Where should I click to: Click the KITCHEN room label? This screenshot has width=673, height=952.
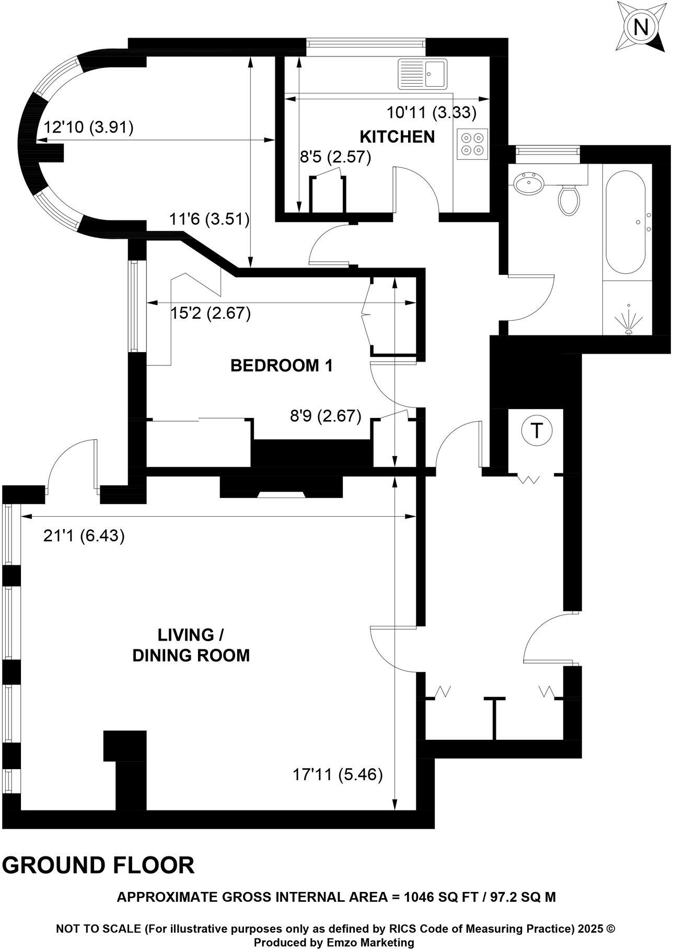click(397, 137)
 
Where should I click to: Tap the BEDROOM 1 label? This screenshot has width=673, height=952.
click(282, 366)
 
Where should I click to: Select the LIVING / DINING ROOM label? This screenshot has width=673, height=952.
click(191, 645)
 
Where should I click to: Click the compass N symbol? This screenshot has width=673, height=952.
click(641, 27)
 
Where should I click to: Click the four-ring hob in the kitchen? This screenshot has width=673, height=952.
click(472, 144)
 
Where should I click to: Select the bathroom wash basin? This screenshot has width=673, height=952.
click(529, 183)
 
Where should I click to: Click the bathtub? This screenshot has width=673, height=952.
click(628, 219)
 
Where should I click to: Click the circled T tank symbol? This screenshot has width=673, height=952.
click(536, 431)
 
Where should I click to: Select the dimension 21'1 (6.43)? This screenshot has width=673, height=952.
click(84, 536)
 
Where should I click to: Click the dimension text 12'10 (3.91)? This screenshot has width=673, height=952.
click(88, 127)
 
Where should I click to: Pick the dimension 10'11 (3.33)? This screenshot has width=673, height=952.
click(431, 112)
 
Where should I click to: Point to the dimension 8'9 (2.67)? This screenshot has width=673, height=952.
click(326, 416)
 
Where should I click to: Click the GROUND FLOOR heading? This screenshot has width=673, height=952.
click(98, 865)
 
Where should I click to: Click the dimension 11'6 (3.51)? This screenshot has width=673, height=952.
click(209, 219)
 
